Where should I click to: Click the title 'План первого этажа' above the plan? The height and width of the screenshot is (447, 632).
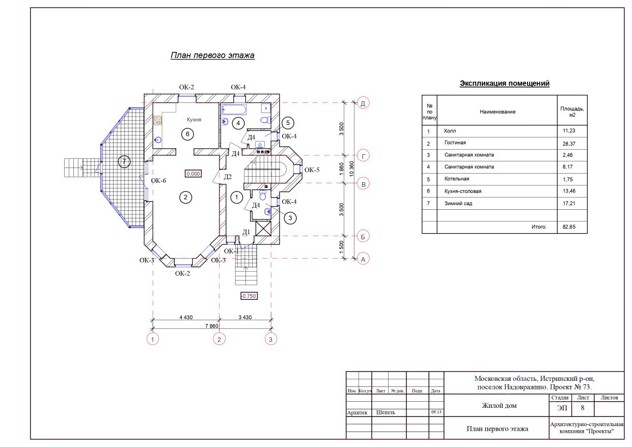point(212,55)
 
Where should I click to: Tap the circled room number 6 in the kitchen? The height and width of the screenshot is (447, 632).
point(187,134)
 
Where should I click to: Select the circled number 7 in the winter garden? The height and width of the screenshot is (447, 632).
point(124,162)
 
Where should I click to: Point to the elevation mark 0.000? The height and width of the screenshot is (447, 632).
point(194,174)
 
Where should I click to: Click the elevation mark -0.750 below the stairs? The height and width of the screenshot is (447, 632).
point(249,296)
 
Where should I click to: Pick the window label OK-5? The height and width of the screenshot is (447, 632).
point(312,170)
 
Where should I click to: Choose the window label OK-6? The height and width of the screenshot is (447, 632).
point(158,181)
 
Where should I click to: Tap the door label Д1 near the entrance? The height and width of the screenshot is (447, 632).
point(246,232)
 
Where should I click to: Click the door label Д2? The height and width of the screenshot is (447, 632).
point(228,177)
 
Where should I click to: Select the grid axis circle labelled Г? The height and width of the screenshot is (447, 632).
point(363,156)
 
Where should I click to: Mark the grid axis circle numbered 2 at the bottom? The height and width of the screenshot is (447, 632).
point(219,339)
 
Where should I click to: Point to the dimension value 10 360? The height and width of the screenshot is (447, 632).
point(351,169)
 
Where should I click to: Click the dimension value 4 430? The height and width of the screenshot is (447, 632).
point(186,317)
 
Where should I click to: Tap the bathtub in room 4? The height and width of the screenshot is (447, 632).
point(234,109)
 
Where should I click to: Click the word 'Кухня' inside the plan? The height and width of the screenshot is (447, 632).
point(194,120)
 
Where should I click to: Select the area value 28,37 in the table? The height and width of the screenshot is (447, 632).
point(569,144)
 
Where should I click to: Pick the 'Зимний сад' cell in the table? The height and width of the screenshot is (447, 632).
point(458,203)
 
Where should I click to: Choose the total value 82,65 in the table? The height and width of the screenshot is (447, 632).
point(569,227)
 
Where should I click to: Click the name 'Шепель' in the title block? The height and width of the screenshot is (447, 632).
point(386,412)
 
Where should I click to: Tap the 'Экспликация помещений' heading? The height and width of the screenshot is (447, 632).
point(505,83)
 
